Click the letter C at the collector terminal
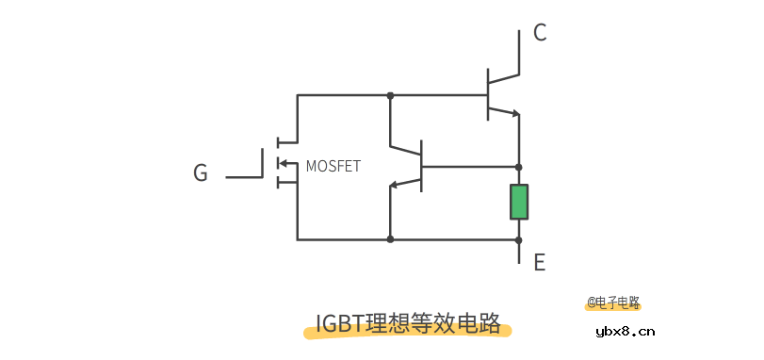coord(540,33)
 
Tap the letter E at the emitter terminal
coord(540,263)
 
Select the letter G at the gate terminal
coord(201,173)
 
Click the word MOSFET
coord(333,166)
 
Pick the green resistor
coord(519,202)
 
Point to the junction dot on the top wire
coord(390,95)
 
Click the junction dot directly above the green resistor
coord(519,166)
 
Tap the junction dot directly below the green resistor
coord(519,239)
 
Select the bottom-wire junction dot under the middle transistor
coord(390,239)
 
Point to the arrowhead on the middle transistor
coord(396,185)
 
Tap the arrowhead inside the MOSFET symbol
coord(281,164)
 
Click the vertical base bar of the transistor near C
coord(488,94)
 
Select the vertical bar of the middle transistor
coord(422,165)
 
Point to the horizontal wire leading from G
coord(244,176)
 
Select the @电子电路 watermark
coord(613,303)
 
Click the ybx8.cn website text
coord(626,332)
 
